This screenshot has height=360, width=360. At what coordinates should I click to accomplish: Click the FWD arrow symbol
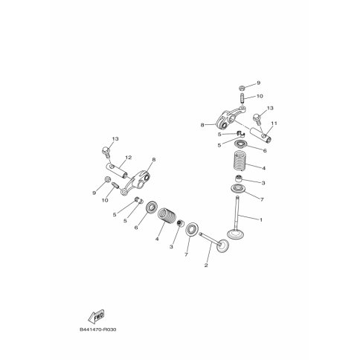click(96, 316)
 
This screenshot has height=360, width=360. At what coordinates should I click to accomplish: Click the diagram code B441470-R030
click(98, 330)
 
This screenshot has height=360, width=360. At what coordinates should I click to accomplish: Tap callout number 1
click(260, 219)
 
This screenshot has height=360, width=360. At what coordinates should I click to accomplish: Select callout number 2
click(206, 266)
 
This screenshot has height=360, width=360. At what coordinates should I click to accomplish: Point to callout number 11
click(274, 123)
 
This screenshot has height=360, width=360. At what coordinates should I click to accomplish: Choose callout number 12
click(129, 158)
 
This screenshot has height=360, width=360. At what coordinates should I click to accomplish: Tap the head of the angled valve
click(222, 246)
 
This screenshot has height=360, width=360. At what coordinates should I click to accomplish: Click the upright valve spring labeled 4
click(239, 161)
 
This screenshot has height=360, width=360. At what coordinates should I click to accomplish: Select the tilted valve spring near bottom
click(166, 216)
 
